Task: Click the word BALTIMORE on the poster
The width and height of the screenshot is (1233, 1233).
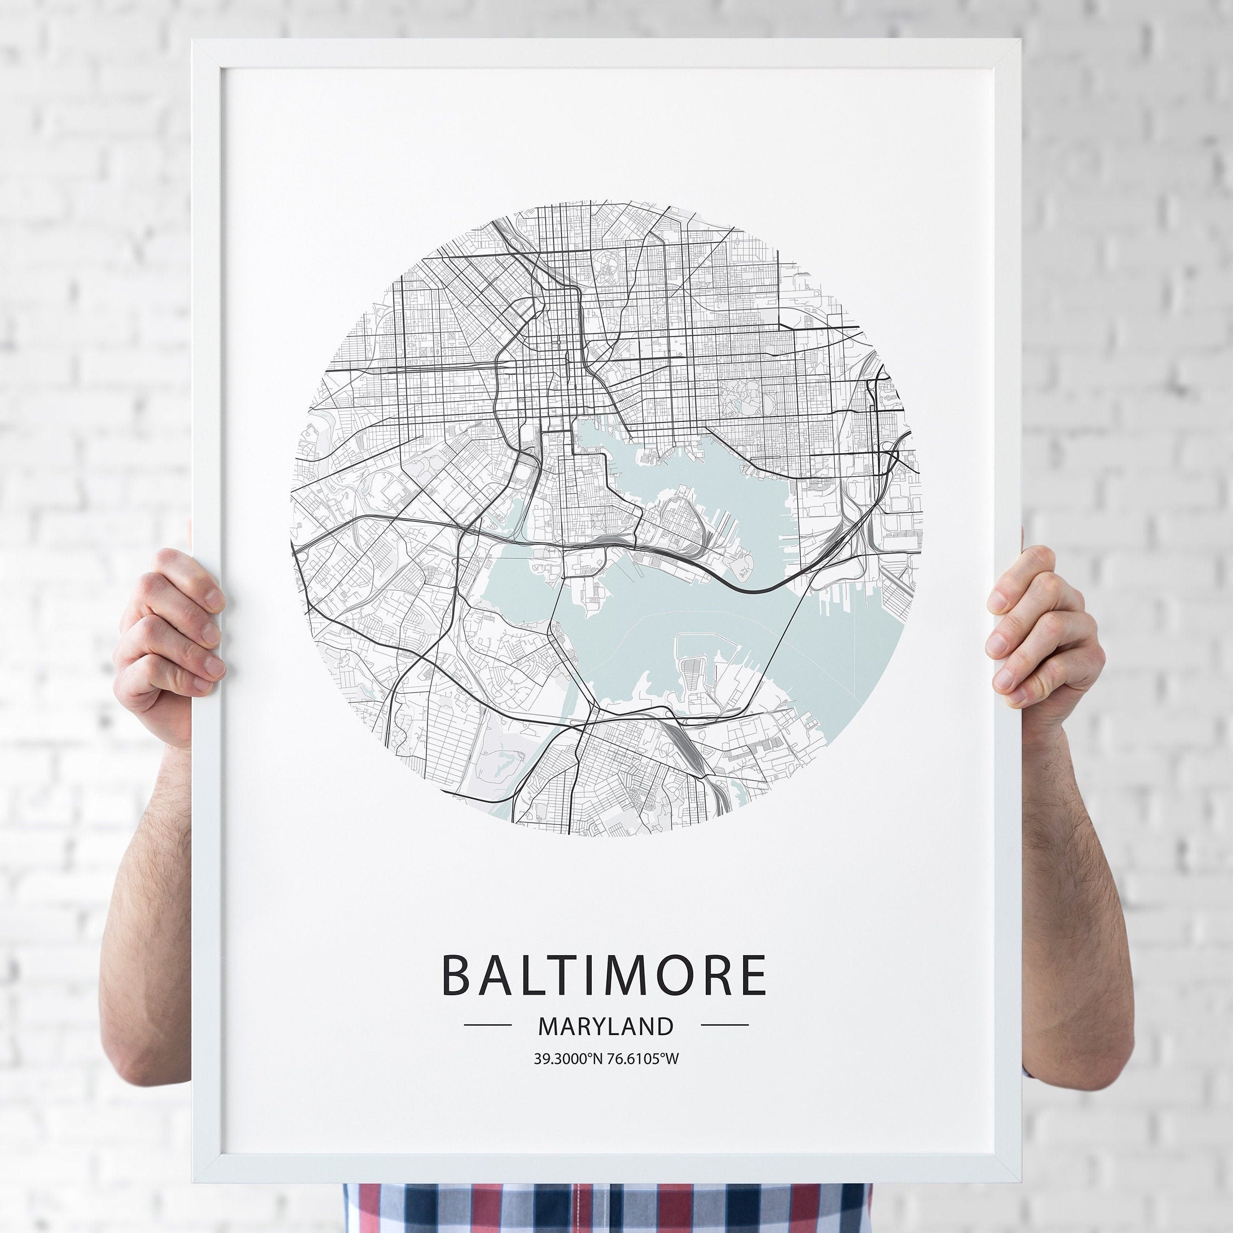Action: tap(604, 975)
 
